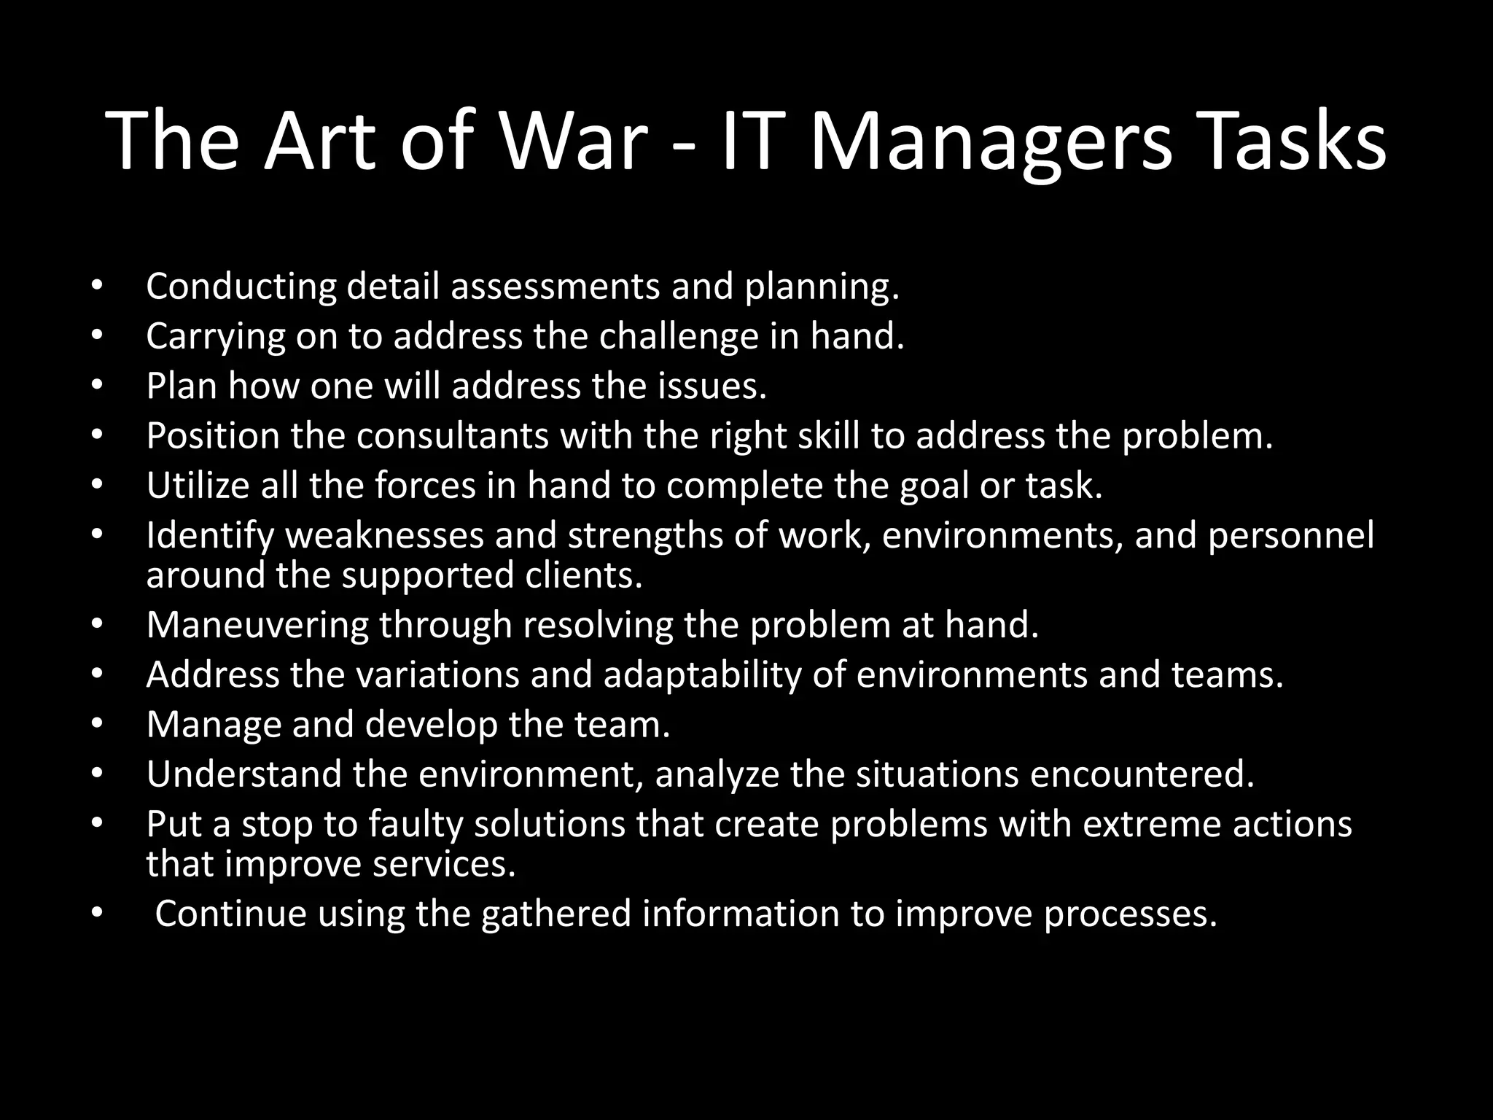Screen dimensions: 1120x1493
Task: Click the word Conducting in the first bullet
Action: [241, 287]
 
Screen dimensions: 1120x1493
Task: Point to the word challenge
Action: [679, 336]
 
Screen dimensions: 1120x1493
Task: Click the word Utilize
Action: [198, 486]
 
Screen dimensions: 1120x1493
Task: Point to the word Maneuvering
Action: [257, 625]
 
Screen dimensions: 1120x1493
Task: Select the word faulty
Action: [416, 824]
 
